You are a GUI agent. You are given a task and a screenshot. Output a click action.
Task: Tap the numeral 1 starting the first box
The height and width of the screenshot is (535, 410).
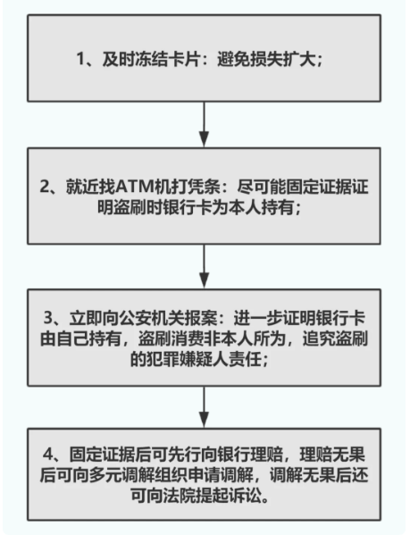point(79,59)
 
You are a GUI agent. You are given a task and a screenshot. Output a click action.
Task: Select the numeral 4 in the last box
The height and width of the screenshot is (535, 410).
point(48,455)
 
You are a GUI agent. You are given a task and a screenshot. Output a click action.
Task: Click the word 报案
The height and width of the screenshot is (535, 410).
point(201,318)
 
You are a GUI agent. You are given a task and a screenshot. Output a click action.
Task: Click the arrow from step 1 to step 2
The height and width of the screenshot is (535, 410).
point(204,124)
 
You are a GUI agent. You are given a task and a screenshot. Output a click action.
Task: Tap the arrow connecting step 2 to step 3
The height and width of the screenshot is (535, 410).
point(204,266)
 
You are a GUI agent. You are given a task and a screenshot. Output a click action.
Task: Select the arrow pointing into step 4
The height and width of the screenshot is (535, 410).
point(204,406)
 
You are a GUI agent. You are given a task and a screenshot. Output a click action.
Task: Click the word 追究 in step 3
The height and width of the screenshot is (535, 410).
point(318,339)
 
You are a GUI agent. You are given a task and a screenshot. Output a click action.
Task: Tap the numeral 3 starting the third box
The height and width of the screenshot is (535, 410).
point(48,318)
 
